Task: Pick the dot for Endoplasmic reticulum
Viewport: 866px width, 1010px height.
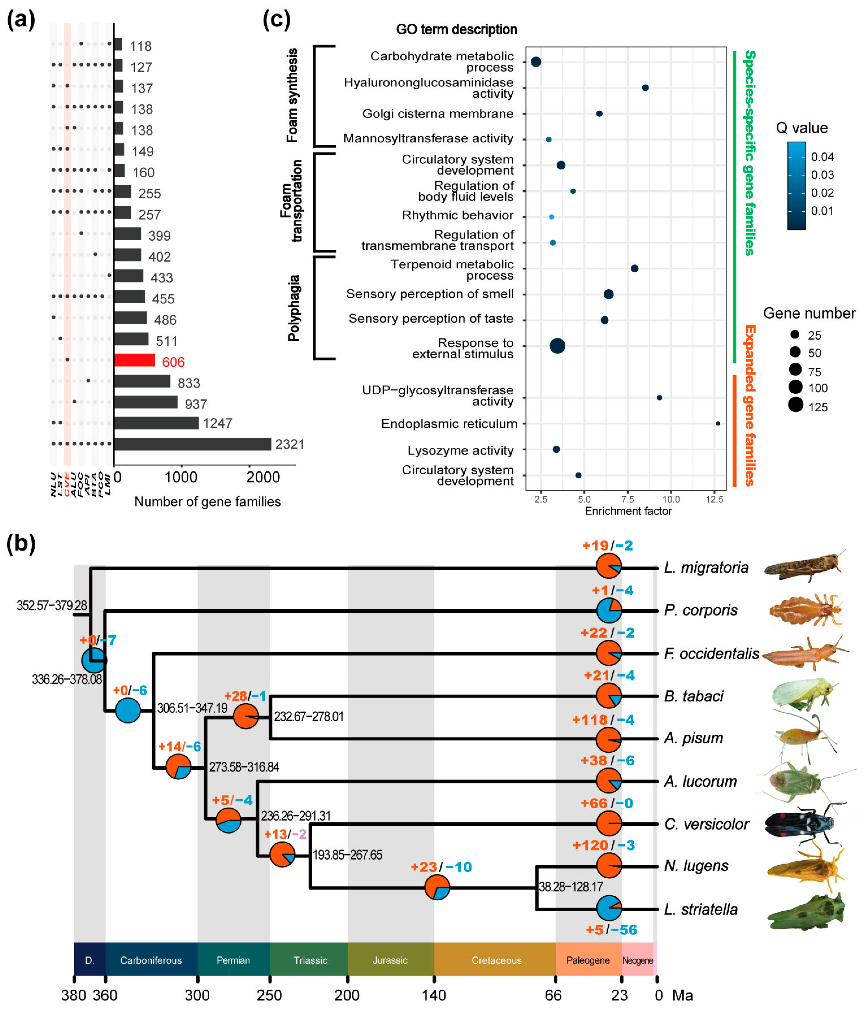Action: pyautogui.click(x=718, y=424)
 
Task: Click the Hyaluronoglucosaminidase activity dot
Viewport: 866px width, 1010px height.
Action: pyautogui.click(x=645, y=88)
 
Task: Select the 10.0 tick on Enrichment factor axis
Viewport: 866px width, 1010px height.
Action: pyautogui.click(x=671, y=499)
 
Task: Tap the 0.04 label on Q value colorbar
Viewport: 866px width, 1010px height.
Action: pyautogui.click(x=822, y=157)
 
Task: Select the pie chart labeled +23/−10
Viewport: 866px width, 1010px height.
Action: pyautogui.click(x=437, y=887)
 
